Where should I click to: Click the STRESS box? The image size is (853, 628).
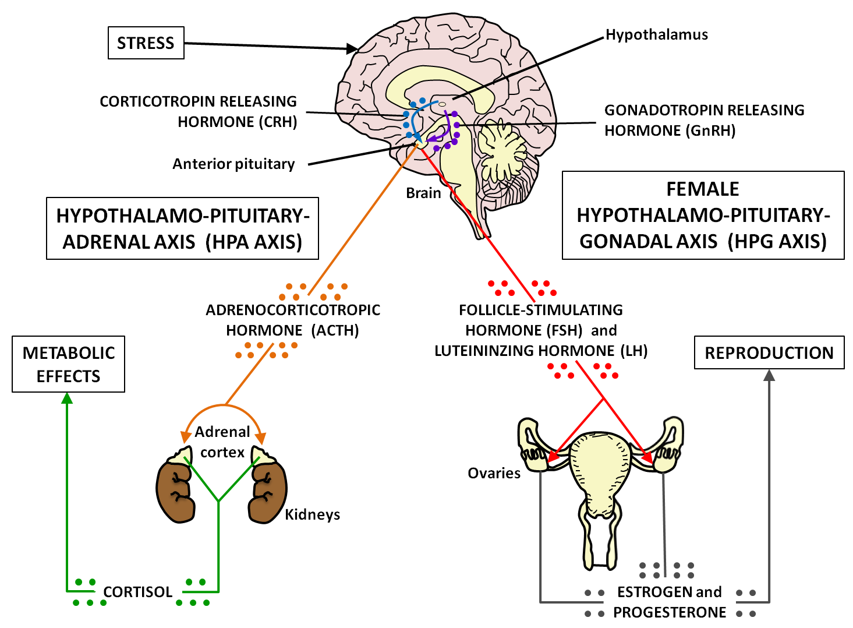tap(146, 43)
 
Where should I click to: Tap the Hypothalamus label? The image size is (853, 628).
tap(656, 35)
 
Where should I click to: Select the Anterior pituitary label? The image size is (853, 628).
tap(233, 164)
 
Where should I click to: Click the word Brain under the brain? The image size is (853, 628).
tap(423, 193)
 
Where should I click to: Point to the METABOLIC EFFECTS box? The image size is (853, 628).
tap(68, 364)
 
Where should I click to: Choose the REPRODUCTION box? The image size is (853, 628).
tap(769, 353)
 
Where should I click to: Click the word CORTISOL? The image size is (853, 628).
tap(138, 592)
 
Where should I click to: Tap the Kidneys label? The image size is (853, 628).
tap(312, 515)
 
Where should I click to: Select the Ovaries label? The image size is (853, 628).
tap(494, 473)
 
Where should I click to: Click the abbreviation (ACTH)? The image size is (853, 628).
tap(335, 331)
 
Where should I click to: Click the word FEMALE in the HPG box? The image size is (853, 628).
tap(702, 189)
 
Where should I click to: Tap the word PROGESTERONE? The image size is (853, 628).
tap(670, 613)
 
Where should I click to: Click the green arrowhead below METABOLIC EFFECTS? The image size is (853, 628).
tap(67, 398)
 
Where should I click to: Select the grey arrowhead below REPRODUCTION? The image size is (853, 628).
tap(769, 375)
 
